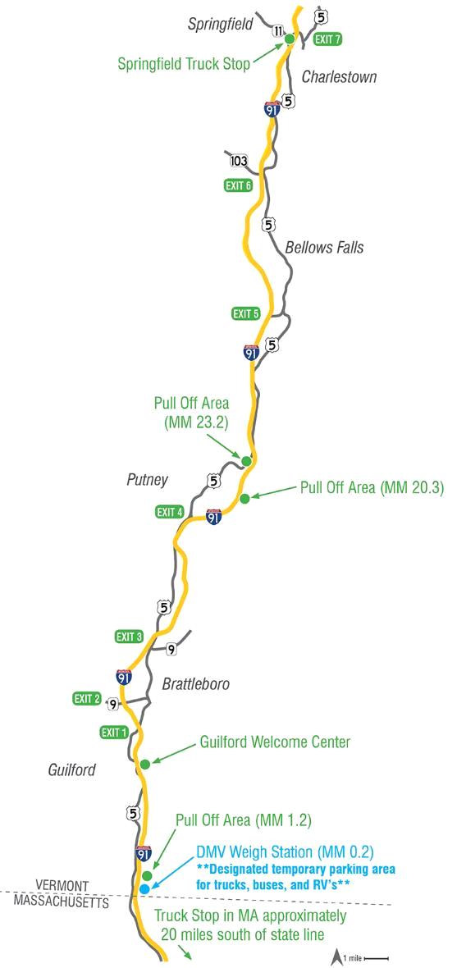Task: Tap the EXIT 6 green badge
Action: pos(239,185)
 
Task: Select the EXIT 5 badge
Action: pos(246,313)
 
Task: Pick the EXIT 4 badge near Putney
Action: pos(170,513)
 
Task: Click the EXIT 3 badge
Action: pos(130,637)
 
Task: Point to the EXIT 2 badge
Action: pos(87,699)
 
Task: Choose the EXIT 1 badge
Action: pos(114,732)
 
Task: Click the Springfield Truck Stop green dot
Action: pos(289,39)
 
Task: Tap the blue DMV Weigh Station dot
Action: pos(144,888)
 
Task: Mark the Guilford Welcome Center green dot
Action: pos(145,764)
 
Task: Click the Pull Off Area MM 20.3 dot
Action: pos(244,498)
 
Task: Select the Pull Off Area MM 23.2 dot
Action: pos(245,462)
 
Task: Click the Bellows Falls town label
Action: pos(324,247)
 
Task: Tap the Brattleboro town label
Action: pos(195,683)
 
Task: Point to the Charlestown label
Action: pos(339,77)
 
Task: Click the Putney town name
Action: pos(148,479)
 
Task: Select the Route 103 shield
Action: pos(239,159)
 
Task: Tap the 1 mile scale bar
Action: pos(375,957)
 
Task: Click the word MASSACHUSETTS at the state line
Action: pos(62,902)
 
